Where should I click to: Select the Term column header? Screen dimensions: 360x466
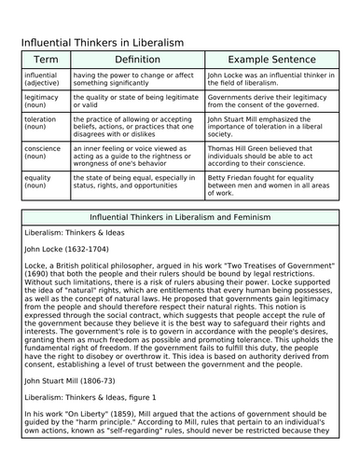45,59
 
